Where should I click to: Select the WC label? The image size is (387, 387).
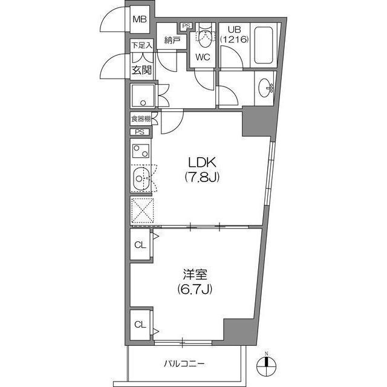tap(202, 59)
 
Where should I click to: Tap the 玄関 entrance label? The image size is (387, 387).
tap(141, 70)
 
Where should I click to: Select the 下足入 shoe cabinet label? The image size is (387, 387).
tap(141, 45)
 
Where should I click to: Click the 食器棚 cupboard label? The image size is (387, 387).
tap(140, 119)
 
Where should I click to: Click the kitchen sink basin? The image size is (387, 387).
tap(140, 179)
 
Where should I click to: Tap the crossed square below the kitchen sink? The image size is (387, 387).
tap(141, 211)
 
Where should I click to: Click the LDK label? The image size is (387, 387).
tap(200, 163)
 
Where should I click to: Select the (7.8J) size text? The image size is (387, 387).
tap(200, 178)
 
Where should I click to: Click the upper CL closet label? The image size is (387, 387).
tap(140, 245)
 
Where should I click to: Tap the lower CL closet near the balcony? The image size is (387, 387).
tap(140, 324)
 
